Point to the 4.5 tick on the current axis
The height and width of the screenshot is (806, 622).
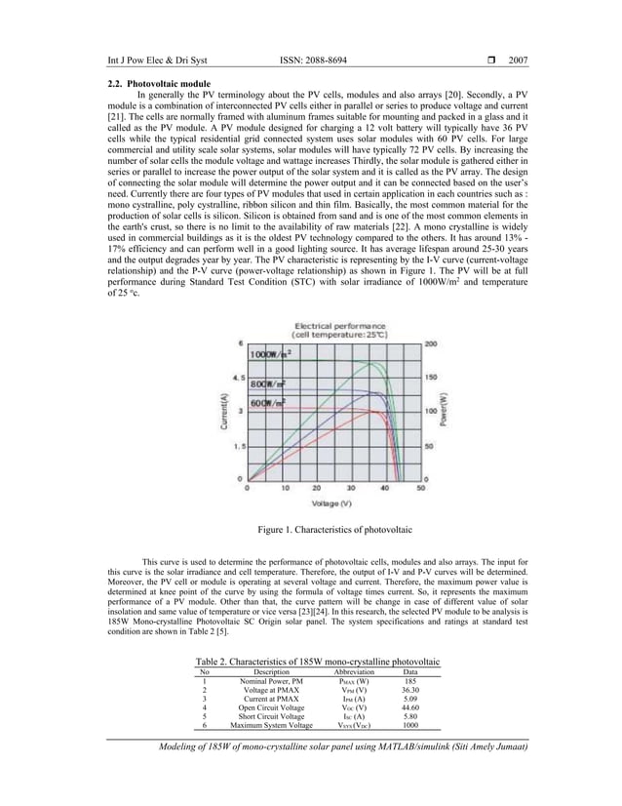pos(235,377)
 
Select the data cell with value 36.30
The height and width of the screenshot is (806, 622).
pos(410,690)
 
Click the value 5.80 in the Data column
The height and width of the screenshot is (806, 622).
pos(410,716)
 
